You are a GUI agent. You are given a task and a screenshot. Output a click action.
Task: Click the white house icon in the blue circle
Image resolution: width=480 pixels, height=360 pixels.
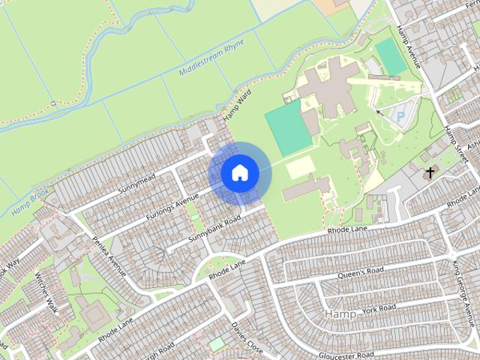click(x=239, y=172)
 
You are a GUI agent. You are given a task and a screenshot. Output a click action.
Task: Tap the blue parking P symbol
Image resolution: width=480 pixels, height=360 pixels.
click(x=400, y=117)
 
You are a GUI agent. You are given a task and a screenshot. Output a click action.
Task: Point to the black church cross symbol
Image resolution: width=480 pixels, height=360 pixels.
click(x=430, y=173)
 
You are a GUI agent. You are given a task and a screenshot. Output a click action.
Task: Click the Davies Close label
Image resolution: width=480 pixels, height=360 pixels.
click(x=246, y=337)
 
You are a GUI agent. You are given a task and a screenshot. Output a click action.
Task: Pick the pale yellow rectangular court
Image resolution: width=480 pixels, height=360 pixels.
click(x=300, y=166)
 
